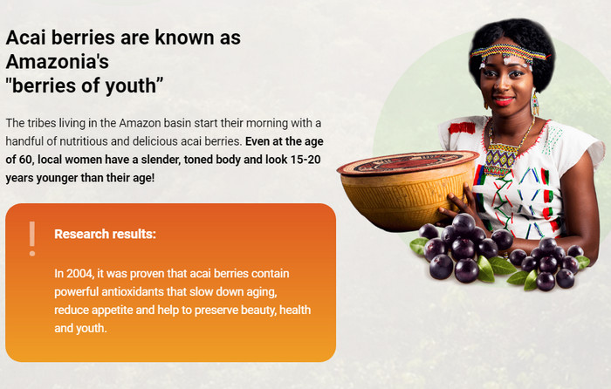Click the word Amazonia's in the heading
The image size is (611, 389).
pyautogui.click(x=58, y=62)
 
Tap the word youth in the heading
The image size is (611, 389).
pyautogui.click(x=131, y=86)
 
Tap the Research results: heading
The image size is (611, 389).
pyautogui.click(x=106, y=234)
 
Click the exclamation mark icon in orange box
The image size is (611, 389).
pyautogui.click(x=32, y=239)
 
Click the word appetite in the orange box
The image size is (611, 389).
pyautogui.click(x=105, y=311)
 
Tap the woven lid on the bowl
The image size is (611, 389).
pyautogui.click(x=408, y=162)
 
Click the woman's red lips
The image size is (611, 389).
pyautogui.click(x=504, y=101)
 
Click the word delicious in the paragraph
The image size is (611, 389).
pyautogui.click(x=154, y=141)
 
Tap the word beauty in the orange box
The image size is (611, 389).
pyautogui.click(x=258, y=311)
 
